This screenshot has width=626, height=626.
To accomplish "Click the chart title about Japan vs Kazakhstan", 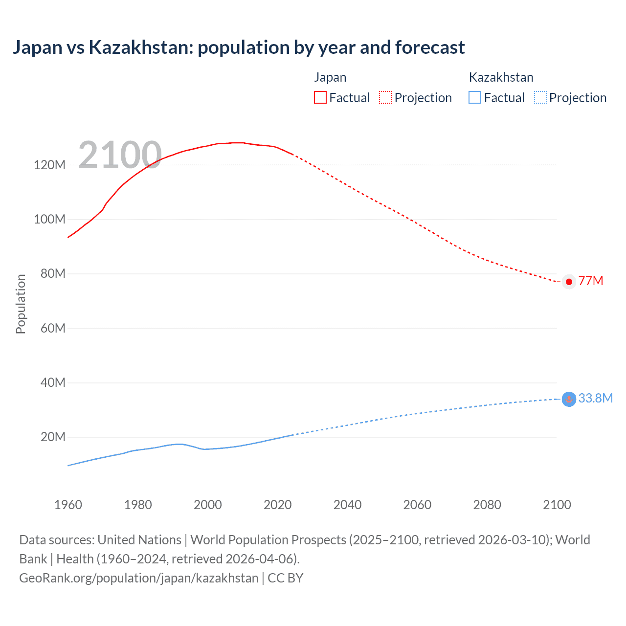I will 239,47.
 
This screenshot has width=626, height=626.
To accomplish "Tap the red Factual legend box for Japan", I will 320,97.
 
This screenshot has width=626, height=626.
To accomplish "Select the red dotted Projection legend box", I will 385,97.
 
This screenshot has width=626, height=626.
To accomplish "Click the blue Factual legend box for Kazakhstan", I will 475,97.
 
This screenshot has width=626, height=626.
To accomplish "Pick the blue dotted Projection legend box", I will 540,97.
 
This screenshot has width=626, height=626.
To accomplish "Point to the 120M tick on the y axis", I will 49,165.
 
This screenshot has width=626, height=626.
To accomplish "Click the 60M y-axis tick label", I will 53,328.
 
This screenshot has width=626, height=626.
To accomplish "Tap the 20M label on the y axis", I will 53,437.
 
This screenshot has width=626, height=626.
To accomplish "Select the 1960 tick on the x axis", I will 68,505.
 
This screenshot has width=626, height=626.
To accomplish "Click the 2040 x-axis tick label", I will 347,505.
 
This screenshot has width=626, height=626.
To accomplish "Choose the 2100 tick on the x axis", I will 557,505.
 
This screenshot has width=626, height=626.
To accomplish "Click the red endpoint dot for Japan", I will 569,282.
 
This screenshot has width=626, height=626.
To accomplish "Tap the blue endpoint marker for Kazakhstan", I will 569,399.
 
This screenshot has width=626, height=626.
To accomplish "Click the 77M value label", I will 591,281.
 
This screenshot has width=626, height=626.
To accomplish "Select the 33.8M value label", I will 595,398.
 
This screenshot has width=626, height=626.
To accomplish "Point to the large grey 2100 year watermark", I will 120,155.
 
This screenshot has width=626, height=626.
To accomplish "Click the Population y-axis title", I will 21,304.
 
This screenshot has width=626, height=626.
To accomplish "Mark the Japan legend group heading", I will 330,77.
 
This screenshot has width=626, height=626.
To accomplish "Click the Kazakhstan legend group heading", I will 501,77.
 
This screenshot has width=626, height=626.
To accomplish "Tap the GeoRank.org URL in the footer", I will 138,578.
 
